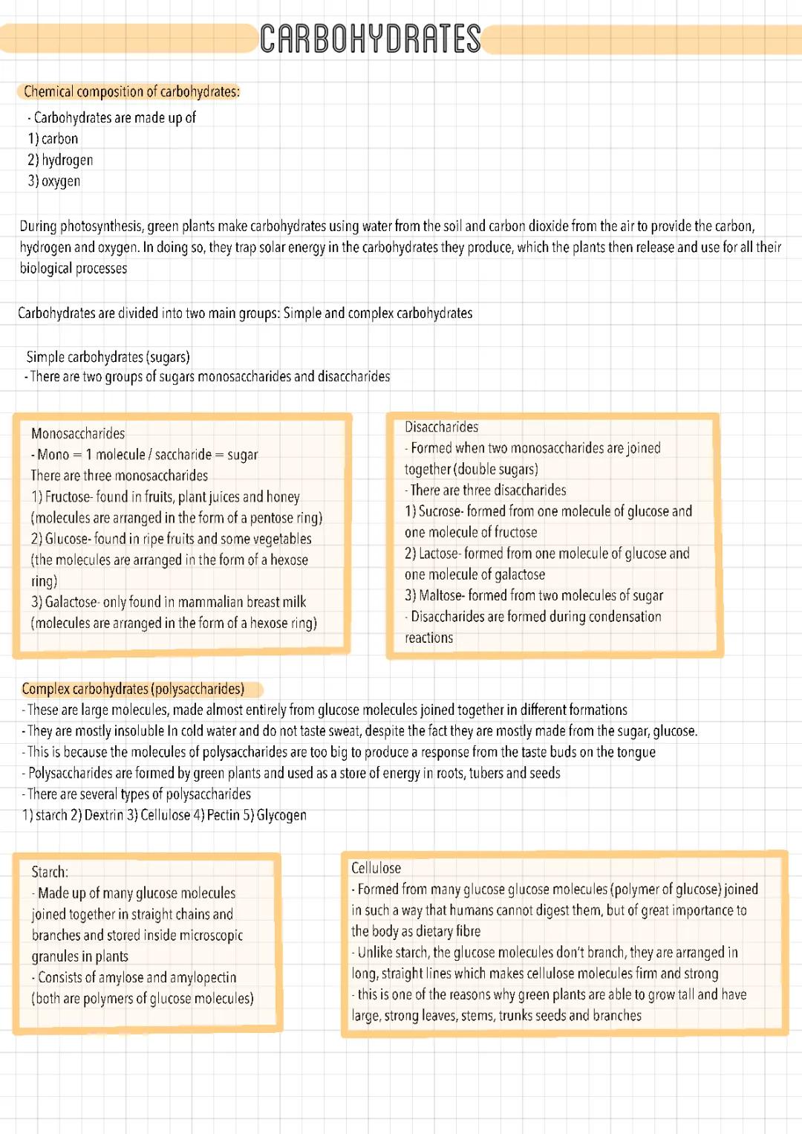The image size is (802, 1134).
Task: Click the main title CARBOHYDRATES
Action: point(370,39)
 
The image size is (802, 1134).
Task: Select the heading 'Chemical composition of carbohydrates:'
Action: point(131,91)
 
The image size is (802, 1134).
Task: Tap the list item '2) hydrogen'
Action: point(60,160)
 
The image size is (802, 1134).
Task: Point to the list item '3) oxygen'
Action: point(54,181)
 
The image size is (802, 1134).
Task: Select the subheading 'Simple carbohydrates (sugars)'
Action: point(108,357)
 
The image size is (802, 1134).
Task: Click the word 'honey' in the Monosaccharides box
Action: point(282,496)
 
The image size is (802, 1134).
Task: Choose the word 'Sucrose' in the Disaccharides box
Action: point(439,511)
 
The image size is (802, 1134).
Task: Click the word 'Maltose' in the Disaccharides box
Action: point(440,595)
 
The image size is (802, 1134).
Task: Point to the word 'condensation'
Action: point(623,616)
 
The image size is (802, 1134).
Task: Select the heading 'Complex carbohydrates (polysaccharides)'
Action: point(133,689)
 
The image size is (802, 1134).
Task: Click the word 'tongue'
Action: point(636,752)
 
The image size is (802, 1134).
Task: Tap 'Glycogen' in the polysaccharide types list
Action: point(281,815)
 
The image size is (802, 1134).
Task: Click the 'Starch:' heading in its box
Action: point(50,872)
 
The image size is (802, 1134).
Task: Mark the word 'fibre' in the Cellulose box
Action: point(468,931)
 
